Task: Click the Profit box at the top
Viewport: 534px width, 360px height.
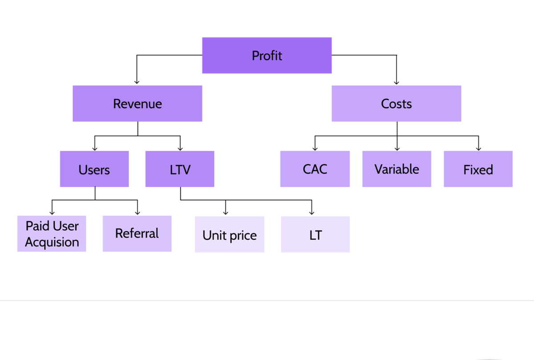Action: (x=267, y=55)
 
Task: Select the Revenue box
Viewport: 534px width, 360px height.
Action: (x=138, y=104)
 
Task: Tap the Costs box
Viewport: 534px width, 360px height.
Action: (x=396, y=104)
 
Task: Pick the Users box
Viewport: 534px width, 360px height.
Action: (x=94, y=169)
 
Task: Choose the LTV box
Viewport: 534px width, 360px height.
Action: (x=180, y=169)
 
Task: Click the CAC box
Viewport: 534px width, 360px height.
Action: (x=315, y=169)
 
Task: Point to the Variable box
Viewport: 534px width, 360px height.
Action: (x=396, y=169)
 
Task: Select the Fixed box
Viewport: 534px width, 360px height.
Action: (x=478, y=169)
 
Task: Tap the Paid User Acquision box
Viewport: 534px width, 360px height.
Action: (x=52, y=234)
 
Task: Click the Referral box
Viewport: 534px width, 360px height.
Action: (x=137, y=234)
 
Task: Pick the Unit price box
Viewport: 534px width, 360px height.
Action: (x=230, y=235)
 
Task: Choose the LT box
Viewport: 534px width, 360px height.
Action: (x=315, y=235)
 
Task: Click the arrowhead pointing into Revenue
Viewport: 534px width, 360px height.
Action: (x=137, y=82)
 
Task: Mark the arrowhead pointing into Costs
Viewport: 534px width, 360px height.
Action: (x=396, y=82)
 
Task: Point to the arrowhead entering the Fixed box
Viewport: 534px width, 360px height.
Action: (x=478, y=149)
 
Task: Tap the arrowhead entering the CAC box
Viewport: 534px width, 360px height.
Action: (x=315, y=149)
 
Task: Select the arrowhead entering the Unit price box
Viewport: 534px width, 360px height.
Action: (x=226, y=213)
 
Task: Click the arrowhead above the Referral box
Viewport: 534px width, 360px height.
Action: (x=138, y=213)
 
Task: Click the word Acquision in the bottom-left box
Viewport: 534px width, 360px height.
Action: (x=52, y=243)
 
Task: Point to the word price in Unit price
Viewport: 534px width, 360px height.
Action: (x=243, y=236)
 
